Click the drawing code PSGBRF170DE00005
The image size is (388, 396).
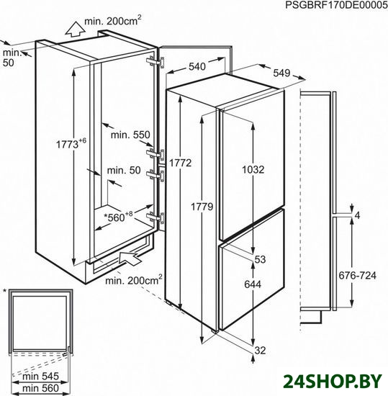click(336, 5)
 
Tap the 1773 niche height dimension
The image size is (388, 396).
click(71, 143)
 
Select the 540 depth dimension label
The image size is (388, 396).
click(197, 67)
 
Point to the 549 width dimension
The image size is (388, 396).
click(281, 73)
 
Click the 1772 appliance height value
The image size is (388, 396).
click(180, 163)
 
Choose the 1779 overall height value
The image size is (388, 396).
click(202, 207)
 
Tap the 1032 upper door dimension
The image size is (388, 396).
click(253, 169)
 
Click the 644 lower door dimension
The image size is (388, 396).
click(253, 284)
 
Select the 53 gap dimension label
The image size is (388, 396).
click(260, 259)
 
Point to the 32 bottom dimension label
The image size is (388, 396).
click(260, 351)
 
